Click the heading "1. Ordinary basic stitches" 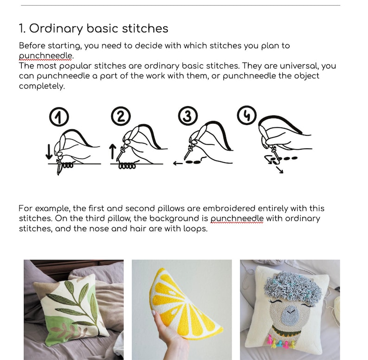[93, 29]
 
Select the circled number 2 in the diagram [121, 117]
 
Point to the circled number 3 [187, 117]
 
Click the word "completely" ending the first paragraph [42, 86]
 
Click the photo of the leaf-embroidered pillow [74, 309]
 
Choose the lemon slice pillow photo [182, 309]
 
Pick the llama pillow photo [290, 309]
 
